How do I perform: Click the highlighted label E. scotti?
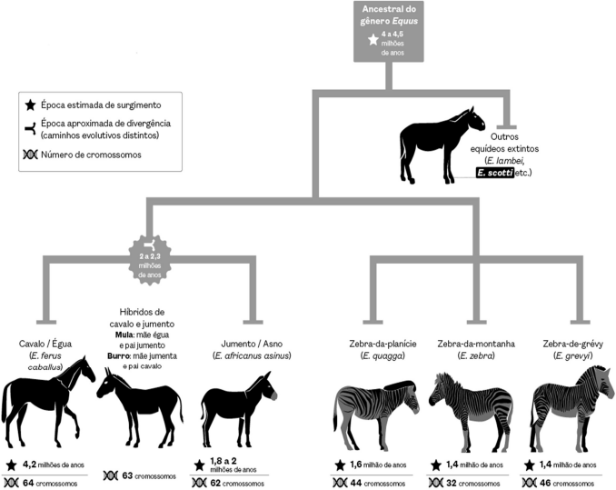[x=495, y=173]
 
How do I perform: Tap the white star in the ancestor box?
[x=373, y=40]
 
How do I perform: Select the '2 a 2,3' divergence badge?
[x=150, y=260]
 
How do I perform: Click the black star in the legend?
[x=30, y=105]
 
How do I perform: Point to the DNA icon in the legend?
[x=30, y=155]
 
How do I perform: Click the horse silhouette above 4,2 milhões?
[x=48, y=401]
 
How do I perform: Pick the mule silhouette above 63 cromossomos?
[x=140, y=407]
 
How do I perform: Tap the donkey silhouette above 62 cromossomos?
[x=238, y=409]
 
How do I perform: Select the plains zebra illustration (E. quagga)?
[x=376, y=415]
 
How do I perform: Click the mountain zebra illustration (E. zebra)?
[x=471, y=412]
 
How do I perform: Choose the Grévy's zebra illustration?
[x=571, y=409]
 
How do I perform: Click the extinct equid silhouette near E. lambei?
[x=442, y=145]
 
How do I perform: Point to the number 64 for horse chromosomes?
[x=28, y=483]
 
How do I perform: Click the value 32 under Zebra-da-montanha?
[x=451, y=483]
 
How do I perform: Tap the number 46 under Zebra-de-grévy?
[x=545, y=483]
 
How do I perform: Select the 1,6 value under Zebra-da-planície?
[x=355, y=465]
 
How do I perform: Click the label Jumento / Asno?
[x=252, y=344]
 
